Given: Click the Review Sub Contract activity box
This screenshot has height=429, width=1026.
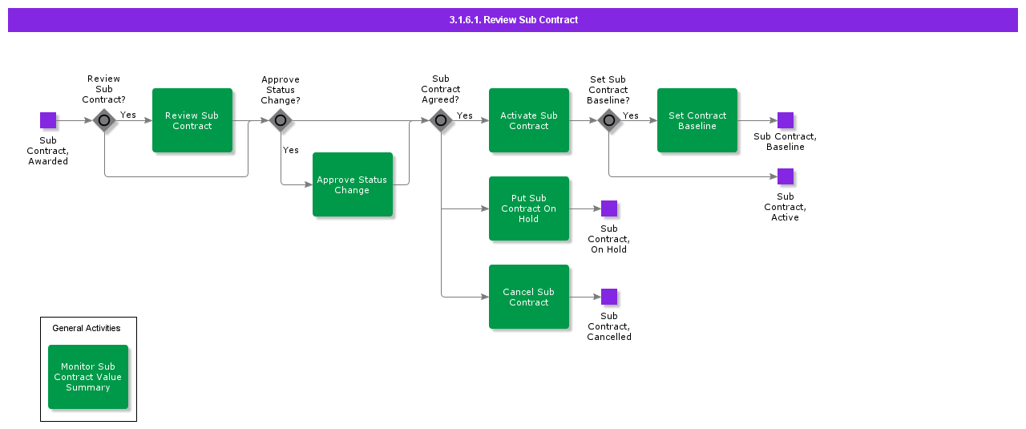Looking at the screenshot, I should point(192,120).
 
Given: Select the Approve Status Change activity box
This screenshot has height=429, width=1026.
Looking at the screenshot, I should point(352,184).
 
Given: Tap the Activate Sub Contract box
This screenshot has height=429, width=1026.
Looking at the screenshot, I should point(528,120).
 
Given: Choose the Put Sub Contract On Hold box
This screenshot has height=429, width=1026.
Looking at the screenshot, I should point(528,208).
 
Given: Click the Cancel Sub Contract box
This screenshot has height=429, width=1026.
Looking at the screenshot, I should point(528,297).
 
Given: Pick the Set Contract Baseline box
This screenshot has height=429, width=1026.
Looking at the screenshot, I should point(697,120).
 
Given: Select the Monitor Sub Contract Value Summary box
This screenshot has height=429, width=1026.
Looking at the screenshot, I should point(88,377).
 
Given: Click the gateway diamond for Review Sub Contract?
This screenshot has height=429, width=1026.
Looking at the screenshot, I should point(104,120).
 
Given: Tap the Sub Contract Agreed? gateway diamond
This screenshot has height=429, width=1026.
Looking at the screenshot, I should point(441,120).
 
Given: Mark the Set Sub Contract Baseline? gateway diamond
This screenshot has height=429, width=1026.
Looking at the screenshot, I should point(609,120).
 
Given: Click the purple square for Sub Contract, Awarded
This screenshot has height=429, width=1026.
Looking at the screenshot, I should point(48,120).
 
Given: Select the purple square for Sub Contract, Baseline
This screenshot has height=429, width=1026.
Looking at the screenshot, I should point(786,120).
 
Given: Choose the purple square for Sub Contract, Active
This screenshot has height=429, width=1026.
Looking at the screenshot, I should point(786,176).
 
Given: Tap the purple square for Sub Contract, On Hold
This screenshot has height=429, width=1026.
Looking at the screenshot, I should point(609,208).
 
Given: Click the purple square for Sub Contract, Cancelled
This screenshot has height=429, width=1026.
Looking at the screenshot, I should point(609,297).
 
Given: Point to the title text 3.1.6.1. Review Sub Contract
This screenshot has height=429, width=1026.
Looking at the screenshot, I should point(513,20).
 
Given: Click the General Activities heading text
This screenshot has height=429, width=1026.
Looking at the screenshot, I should point(87,328).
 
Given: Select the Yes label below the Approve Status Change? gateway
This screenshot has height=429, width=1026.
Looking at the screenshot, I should point(290,150).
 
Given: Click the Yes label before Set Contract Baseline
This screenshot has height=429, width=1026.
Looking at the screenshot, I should point(631,115).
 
